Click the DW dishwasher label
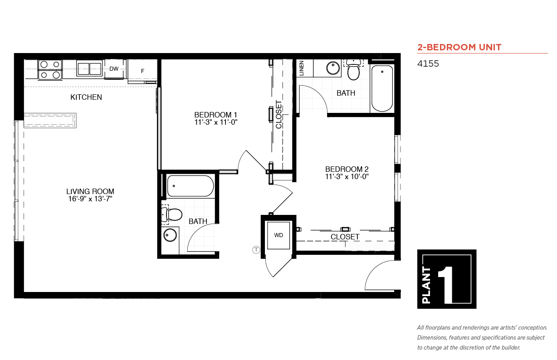pyautogui.click(x=114, y=69)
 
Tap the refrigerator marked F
pyautogui.click(x=142, y=71)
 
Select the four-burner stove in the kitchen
pyautogui.click(x=50, y=70)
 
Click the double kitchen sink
pyautogui.click(x=89, y=68)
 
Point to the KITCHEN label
pyautogui.click(x=86, y=97)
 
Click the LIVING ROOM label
pyautogui.click(x=90, y=191)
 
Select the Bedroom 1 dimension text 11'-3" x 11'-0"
pyautogui.click(x=216, y=122)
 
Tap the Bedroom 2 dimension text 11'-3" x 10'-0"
pyautogui.click(x=347, y=176)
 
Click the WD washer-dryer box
pyautogui.click(x=278, y=235)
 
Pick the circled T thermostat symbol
pyautogui.click(x=256, y=250)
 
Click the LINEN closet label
pyautogui.click(x=302, y=68)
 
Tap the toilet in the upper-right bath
pyautogui.click(x=353, y=70)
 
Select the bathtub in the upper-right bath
pyautogui.click(x=382, y=88)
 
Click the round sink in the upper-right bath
pyautogui.click(x=333, y=68)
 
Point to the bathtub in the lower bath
pyautogui.click(x=191, y=186)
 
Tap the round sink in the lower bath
pyautogui.click(x=170, y=235)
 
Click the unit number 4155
pyautogui.click(x=428, y=63)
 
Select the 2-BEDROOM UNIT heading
pyautogui.click(x=459, y=47)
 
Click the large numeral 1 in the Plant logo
pyautogui.click(x=446, y=285)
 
